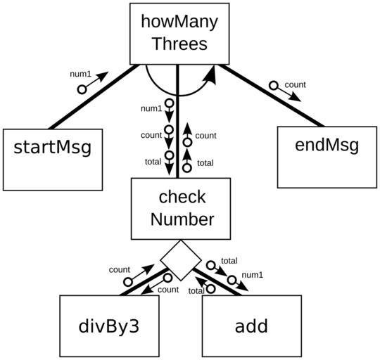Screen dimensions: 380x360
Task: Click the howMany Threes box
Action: pos(179,34)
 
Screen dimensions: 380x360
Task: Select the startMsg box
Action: pos(53,160)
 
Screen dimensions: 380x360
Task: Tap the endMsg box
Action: pos(327,157)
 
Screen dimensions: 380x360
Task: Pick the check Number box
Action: pos(181,209)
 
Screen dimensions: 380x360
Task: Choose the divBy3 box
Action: pos(109,326)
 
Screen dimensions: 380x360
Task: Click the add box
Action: pos(252,326)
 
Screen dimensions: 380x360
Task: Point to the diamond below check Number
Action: pos(181,260)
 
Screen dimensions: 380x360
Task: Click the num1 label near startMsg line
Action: pos(80,74)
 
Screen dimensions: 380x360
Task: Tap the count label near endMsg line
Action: pos(295,85)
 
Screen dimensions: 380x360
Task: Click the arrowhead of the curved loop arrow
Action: pos(211,75)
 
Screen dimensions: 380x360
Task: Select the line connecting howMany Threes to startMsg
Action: pos(94,97)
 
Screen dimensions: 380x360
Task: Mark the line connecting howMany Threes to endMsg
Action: pos(272,96)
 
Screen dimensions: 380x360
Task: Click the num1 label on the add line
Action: pos(253,275)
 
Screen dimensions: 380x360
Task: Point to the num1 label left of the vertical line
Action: pos(151,109)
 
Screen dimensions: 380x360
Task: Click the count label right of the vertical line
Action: pos(205,136)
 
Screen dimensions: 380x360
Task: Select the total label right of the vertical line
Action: pos(205,163)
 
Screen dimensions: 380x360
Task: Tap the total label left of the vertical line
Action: pos(153,162)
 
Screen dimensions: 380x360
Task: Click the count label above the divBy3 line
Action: pos(120,270)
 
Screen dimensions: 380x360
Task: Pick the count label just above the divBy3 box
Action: pos(168,290)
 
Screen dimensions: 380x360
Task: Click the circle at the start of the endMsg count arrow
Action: pos(274,85)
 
